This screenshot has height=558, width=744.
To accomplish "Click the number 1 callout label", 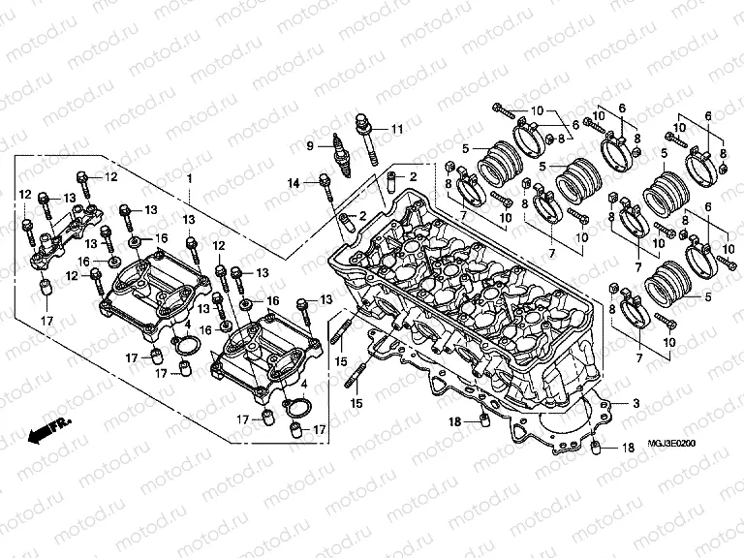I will pyautogui.click(x=190, y=179).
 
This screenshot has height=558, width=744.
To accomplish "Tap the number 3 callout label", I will pyautogui.click(x=636, y=403).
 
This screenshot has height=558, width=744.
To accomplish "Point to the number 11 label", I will pyautogui.click(x=397, y=129).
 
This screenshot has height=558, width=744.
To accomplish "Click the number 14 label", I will pyautogui.click(x=294, y=183).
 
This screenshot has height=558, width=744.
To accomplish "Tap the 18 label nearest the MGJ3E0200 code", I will pyautogui.click(x=627, y=448).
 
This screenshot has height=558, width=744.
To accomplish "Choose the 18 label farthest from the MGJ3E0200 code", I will pyautogui.click(x=454, y=422).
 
